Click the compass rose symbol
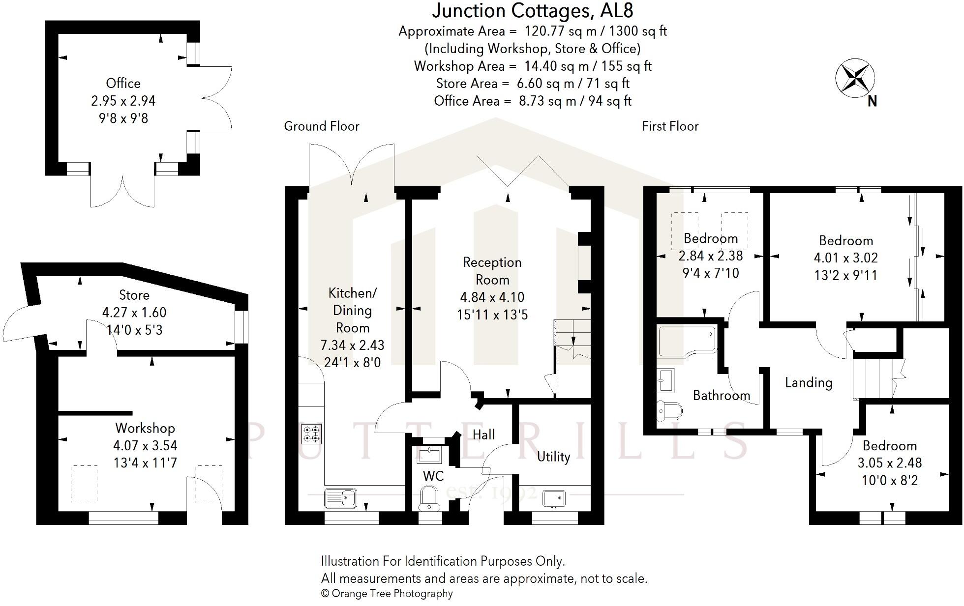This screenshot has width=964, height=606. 855,78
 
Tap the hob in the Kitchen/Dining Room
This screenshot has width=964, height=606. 311,434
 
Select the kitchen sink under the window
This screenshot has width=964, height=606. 340,498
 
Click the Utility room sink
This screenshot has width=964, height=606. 554,498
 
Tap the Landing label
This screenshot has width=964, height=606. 808,382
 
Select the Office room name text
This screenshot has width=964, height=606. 123,83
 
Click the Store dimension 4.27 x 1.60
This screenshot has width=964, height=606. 134,313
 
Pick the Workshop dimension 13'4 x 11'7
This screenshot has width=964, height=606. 145,463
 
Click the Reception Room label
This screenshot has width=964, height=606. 492,271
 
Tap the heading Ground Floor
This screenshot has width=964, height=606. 321,126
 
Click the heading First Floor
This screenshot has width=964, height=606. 669,126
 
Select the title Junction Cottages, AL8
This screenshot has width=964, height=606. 533,11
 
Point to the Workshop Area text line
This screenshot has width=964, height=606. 533,66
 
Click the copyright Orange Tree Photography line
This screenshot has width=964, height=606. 387,593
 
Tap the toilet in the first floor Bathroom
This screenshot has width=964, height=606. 669,409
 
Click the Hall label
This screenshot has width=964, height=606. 483,434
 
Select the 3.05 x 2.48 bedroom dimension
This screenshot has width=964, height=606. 889,463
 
